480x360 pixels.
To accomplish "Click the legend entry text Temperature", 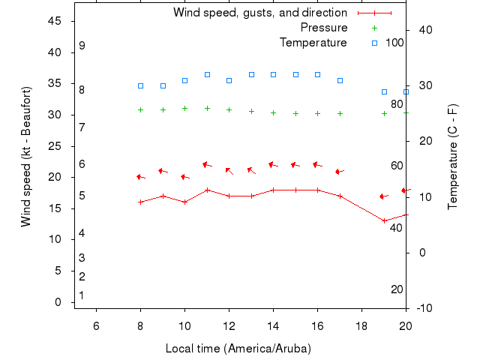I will tap(313, 43).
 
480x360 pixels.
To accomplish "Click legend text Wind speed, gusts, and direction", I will tap(259, 13).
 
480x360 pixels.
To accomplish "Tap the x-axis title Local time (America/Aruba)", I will tap(238, 349).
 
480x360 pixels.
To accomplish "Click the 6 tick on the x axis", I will tap(96, 324).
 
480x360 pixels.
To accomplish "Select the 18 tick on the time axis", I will tap(361, 324).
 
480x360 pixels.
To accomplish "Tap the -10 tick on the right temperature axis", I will tap(423, 308).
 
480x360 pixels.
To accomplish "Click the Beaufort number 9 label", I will tap(82, 46).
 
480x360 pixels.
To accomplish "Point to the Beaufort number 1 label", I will tap(81, 295).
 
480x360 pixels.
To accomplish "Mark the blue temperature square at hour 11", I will tap(207, 75).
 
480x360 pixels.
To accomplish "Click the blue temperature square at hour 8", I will tap(140, 85).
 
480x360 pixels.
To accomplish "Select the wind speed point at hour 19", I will tap(384, 220).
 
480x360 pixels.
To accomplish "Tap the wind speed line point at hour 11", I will tap(207, 190).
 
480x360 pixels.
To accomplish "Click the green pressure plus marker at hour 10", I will tap(184, 108).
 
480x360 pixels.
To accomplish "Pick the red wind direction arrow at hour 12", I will tap(229, 171).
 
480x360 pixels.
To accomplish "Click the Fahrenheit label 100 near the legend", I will tap(394, 43).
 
